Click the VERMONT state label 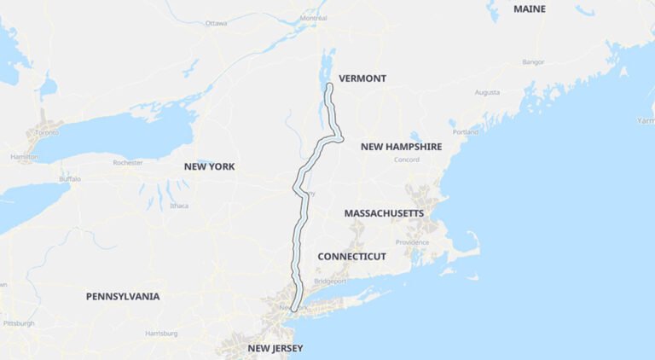(x=362, y=78)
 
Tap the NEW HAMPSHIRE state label (x=401, y=147)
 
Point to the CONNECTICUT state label (x=351, y=256)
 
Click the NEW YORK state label (x=209, y=166)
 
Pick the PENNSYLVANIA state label (x=123, y=296)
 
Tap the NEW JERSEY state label (x=275, y=348)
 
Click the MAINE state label (x=530, y=9)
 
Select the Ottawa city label (x=216, y=23)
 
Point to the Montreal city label (x=314, y=18)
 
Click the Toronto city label (x=46, y=133)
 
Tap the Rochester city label (x=128, y=162)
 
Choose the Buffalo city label (x=70, y=179)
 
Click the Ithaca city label (x=179, y=206)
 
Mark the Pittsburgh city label (x=19, y=323)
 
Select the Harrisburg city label (x=160, y=333)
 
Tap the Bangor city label (x=533, y=61)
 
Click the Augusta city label (x=487, y=92)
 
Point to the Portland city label (x=466, y=132)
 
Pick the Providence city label (x=413, y=241)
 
